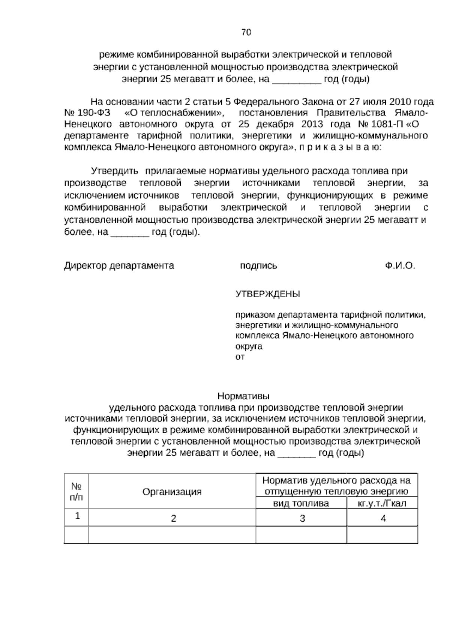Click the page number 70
pos(246,33)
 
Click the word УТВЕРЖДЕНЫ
pos(267,294)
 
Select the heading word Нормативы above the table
pos(244,396)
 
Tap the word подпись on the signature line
pos(258,266)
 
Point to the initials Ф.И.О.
pos(400,266)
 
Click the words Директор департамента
pos(119,266)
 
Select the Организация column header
pos(172,492)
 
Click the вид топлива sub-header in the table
pos(301,503)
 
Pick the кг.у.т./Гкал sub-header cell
pos(382,503)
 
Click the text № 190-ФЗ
pos(87,113)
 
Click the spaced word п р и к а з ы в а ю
pos(339,147)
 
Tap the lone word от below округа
pos(240,357)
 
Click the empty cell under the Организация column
pos(172,535)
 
